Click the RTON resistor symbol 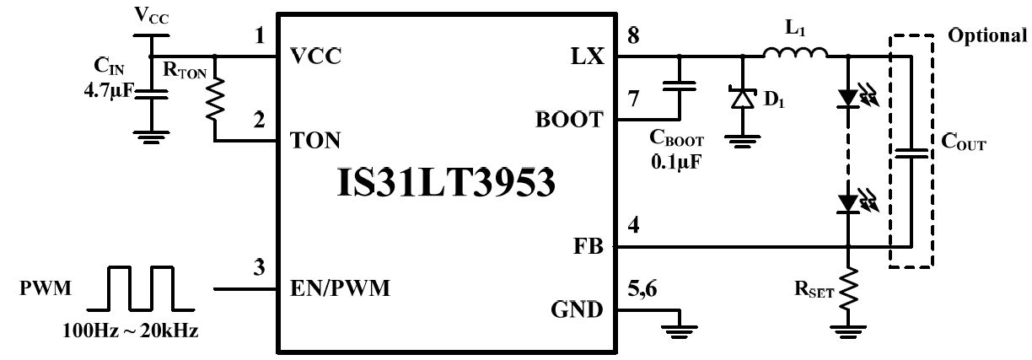point(215,99)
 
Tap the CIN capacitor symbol point(149,90)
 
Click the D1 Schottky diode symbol point(742,99)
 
